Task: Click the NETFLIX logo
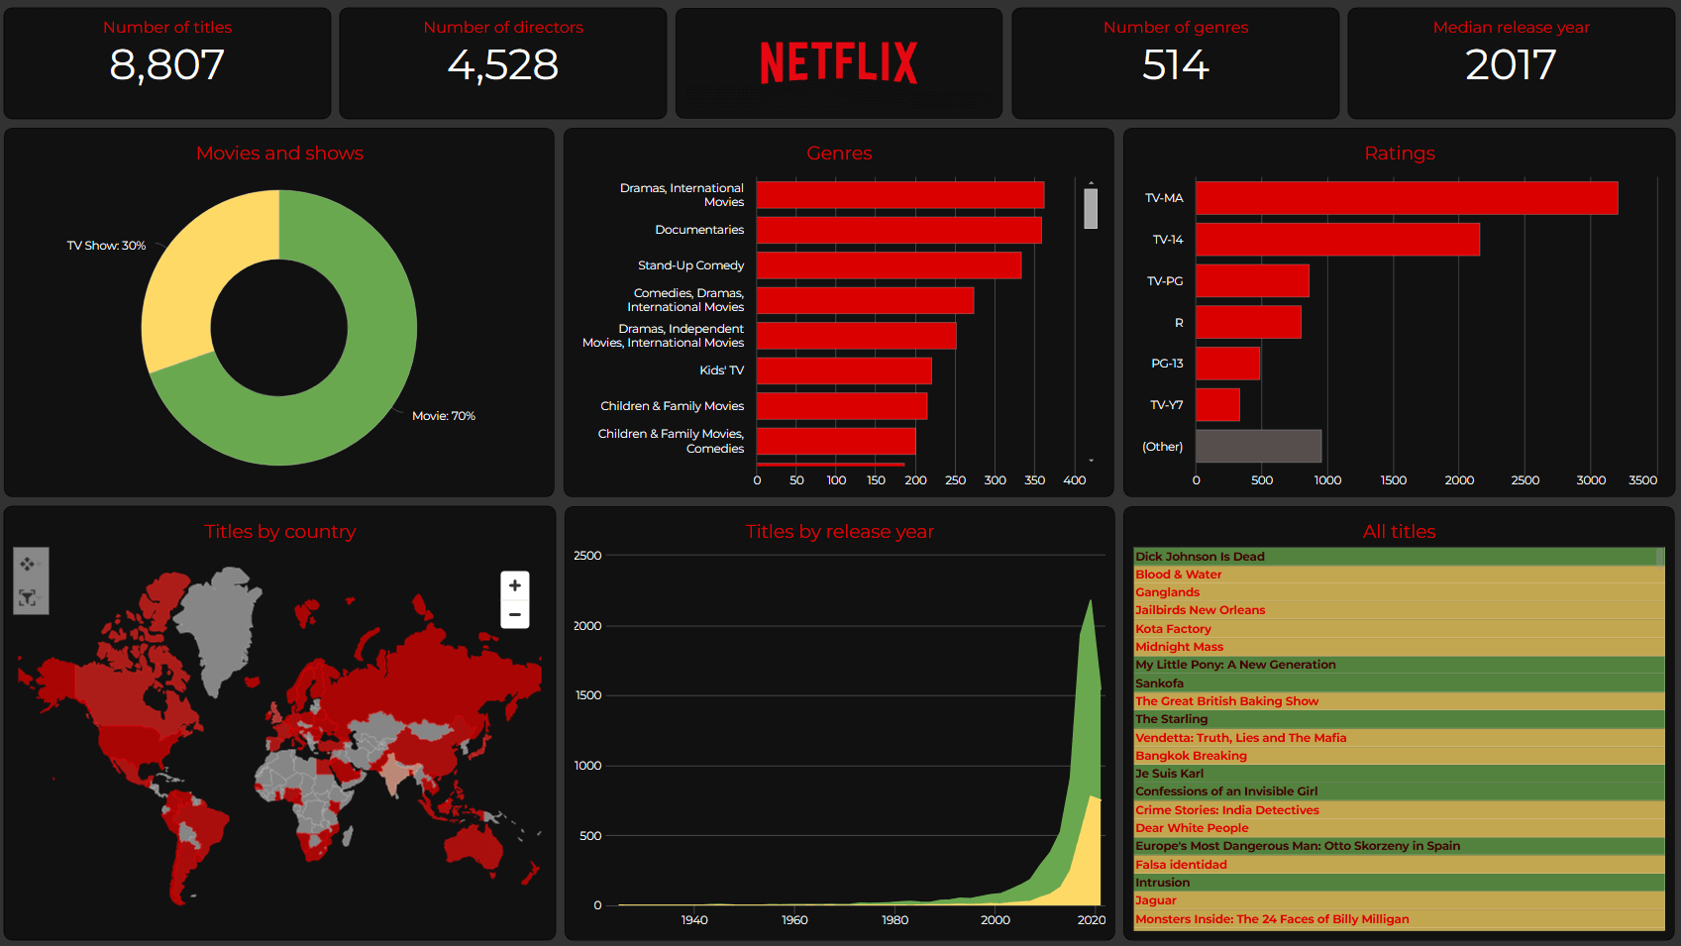(x=838, y=62)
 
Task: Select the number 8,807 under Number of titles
(x=166, y=65)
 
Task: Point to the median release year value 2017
(x=1511, y=65)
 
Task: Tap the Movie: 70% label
(x=443, y=416)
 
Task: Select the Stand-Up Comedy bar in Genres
(x=888, y=265)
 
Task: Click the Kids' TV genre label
(x=721, y=370)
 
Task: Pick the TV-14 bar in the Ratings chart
(x=1336, y=240)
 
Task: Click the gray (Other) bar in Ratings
(x=1257, y=446)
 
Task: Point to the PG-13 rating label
(x=1167, y=364)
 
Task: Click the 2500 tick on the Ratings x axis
(x=1524, y=480)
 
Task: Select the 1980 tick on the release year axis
(x=894, y=920)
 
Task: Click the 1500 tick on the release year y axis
(x=588, y=695)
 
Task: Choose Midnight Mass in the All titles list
(x=1179, y=647)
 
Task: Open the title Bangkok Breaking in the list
(x=1191, y=756)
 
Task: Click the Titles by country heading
(x=279, y=532)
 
